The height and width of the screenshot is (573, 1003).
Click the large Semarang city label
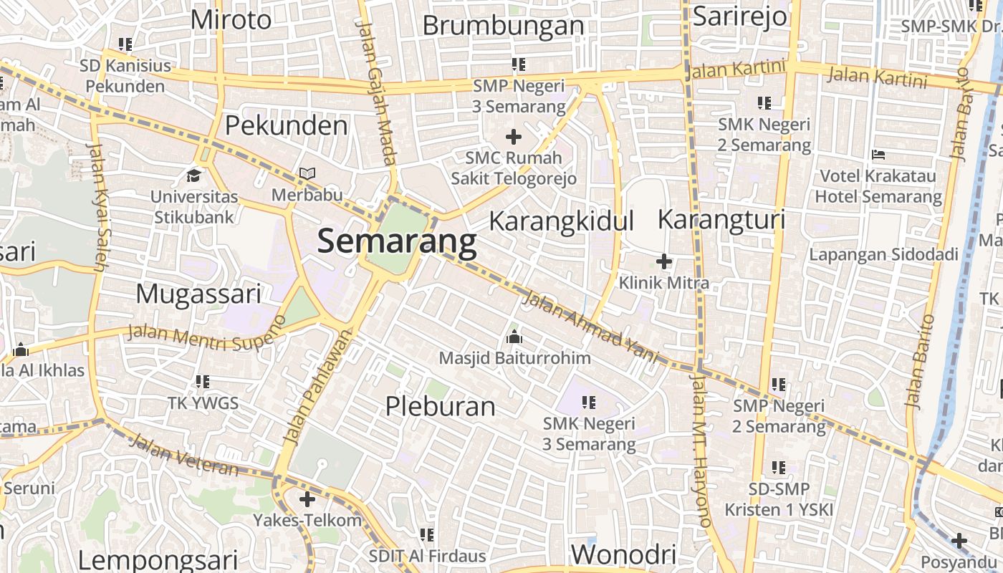coord(397,241)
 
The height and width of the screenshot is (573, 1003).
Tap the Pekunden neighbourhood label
coord(286,125)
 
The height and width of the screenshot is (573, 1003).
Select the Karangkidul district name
coord(562,221)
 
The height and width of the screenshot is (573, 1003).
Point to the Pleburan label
coord(440,406)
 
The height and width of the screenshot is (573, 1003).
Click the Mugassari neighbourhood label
coord(198,294)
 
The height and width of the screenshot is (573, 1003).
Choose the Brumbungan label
coord(503,25)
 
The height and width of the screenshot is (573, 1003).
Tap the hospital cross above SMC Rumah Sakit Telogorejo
coord(514,136)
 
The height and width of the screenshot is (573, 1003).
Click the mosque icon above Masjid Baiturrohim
coord(514,337)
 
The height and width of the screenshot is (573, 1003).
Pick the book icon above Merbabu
coord(307,174)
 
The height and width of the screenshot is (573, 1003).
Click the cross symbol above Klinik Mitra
coord(664,261)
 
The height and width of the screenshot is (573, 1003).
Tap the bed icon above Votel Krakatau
coord(878,155)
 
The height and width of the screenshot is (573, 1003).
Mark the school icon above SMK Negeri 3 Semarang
coord(589,403)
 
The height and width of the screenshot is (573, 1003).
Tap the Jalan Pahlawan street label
coord(319,387)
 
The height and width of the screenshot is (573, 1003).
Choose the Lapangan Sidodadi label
coord(883,254)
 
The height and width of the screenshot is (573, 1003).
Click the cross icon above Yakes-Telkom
coord(307,499)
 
